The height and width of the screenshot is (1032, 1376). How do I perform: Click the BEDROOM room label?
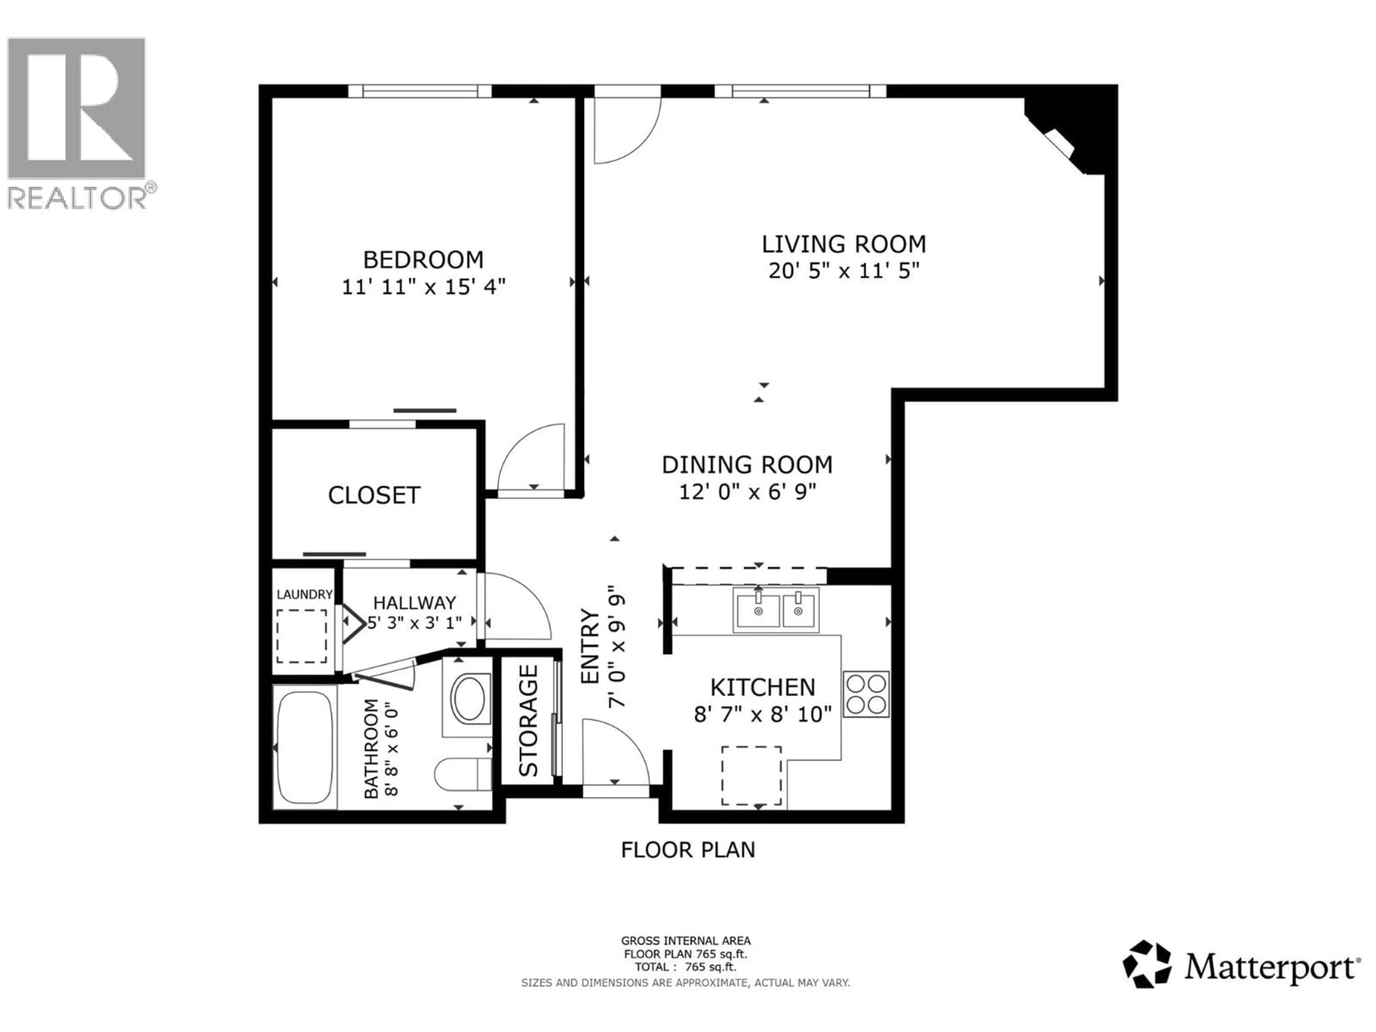pos(423,259)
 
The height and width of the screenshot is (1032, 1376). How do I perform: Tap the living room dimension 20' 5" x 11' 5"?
pos(844,271)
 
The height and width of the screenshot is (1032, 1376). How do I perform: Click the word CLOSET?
pos(374,495)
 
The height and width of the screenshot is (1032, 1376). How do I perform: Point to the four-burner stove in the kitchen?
pos(866,694)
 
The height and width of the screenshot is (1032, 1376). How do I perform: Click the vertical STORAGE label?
pos(528,721)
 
